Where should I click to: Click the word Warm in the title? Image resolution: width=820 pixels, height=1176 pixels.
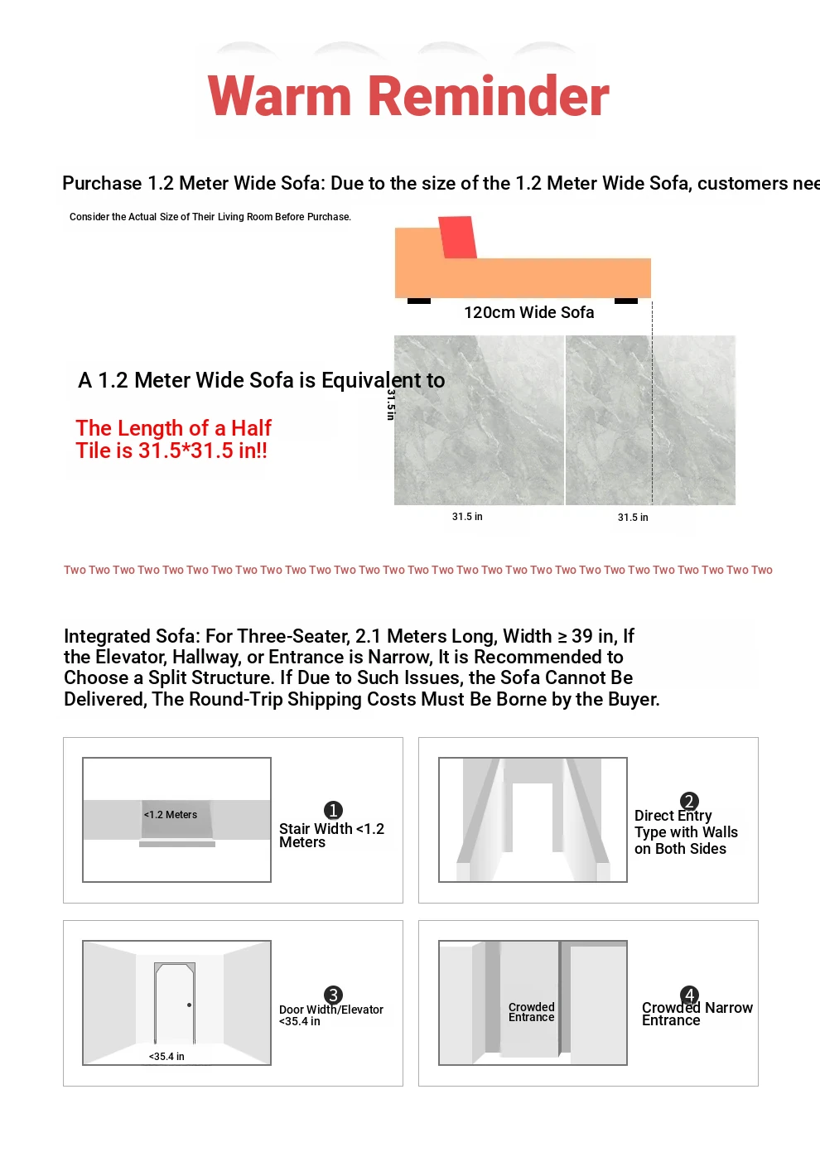tap(280, 96)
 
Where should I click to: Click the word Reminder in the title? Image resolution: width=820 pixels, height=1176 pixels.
tap(489, 96)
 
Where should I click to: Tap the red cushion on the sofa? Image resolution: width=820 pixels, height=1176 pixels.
tap(457, 237)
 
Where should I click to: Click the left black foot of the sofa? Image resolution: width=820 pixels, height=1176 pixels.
tap(419, 301)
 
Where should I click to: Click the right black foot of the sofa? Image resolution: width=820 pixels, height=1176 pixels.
tap(626, 301)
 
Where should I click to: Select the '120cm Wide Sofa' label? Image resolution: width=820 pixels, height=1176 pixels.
tap(528, 312)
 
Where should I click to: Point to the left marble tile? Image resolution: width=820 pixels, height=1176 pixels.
tap(479, 420)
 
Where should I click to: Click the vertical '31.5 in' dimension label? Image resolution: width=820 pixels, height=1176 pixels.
tap(390, 405)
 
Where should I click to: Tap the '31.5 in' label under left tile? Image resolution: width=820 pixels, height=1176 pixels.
tap(467, 517)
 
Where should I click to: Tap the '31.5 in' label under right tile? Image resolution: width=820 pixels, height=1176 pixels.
tap(633, 518)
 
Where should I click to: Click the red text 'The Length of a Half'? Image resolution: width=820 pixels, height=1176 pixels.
tap(173, 428)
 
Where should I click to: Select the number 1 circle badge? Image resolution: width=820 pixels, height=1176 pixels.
tap(333, 810)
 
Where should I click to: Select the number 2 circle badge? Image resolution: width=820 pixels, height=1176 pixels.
tap(689, 801)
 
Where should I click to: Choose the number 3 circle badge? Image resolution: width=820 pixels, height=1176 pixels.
tap(333, 995)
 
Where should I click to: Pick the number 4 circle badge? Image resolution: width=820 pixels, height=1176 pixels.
tap(689, 995)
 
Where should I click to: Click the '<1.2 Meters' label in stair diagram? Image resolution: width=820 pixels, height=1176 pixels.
tap(171, 815)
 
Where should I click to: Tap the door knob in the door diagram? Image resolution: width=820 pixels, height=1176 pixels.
tap(190, 1005)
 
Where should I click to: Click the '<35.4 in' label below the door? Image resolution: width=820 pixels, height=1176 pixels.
tap(166, 1057)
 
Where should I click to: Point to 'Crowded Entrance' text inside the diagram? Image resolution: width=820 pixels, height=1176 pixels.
tap(532, 1012)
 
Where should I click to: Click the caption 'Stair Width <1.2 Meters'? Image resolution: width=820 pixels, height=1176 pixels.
tap(331, 836)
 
